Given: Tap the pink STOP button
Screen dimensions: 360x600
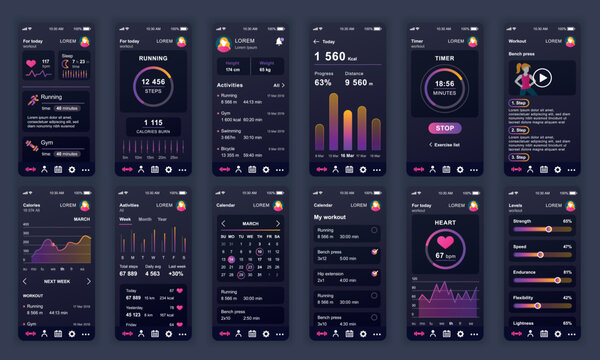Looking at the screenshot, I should (446, 128).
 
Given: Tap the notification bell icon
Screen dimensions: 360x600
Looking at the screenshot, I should (279, 41).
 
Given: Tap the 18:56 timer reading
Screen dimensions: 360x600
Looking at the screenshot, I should (446, 84).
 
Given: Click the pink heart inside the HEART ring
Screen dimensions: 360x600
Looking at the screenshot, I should (446, 242).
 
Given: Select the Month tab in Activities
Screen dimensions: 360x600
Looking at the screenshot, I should (145, 218).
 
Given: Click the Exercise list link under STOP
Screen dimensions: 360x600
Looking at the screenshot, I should (446, 144).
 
